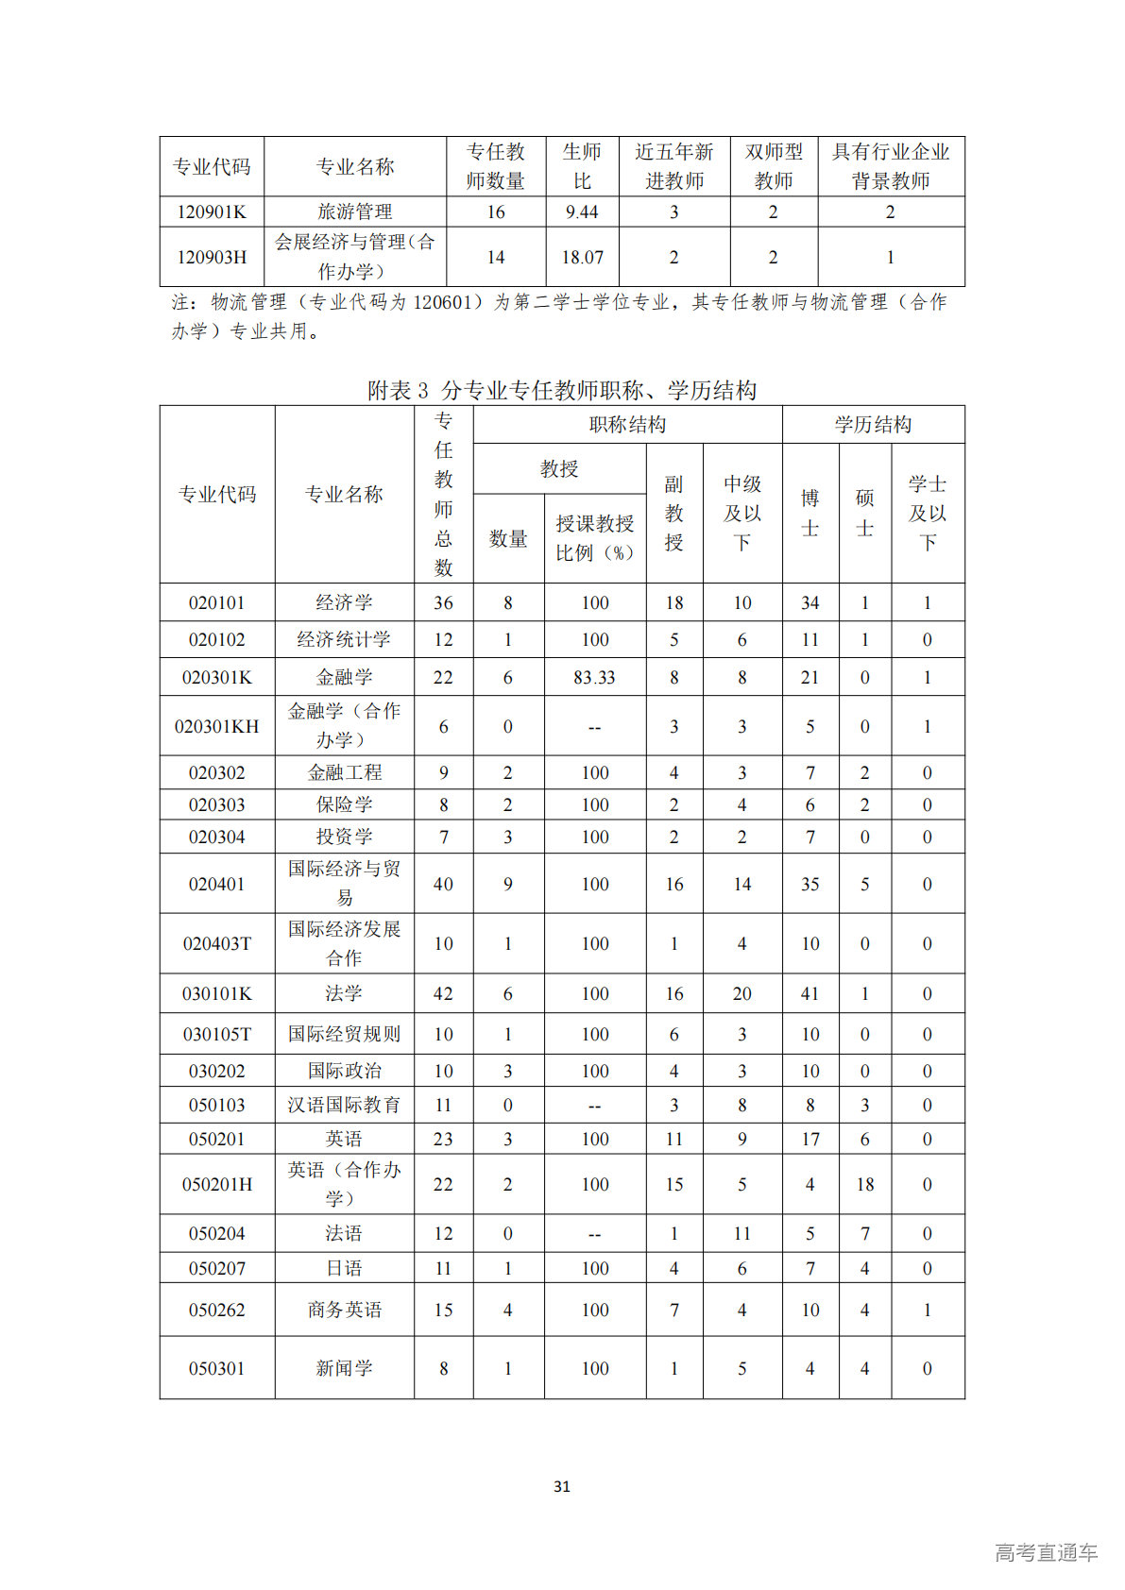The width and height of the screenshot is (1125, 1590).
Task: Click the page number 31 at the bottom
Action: [x=562, y=1486]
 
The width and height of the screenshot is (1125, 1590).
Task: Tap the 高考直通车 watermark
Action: [x=1046, y=1551]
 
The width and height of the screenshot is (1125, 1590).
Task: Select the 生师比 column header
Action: [x=582, y=166]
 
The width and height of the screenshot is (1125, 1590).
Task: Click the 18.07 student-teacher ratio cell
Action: [x=582, y=257]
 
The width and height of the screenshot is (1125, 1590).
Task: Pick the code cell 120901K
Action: [x=212, y=211]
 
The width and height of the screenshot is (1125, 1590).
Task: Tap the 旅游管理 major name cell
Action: [x=354, y=211]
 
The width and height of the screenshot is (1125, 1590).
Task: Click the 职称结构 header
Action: [x=627, y=425]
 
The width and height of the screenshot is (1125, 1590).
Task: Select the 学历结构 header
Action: [x=873, y=425]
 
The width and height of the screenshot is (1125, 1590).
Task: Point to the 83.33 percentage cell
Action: [x=594, y=677]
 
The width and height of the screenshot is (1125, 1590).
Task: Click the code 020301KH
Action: [x=216, y=726]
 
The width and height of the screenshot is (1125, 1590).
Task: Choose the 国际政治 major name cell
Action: [x=344, y=1071]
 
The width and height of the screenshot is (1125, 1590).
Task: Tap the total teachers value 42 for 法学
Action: [x=443, y=993]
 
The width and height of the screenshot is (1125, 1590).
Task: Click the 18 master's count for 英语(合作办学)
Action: [x=864, y=1184]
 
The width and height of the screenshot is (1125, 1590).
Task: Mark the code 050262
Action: [x=216, y=1310]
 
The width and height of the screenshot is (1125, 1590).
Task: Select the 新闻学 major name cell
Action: [x=344, y=1368]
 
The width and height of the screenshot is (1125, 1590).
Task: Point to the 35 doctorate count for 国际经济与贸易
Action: [x=810, y=884]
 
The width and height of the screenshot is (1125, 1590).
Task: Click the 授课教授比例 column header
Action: [x=594, y=538]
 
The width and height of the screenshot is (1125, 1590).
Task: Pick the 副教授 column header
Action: [x=673, y=513]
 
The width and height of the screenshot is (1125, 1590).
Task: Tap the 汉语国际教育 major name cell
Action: [x=344, y=1105]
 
